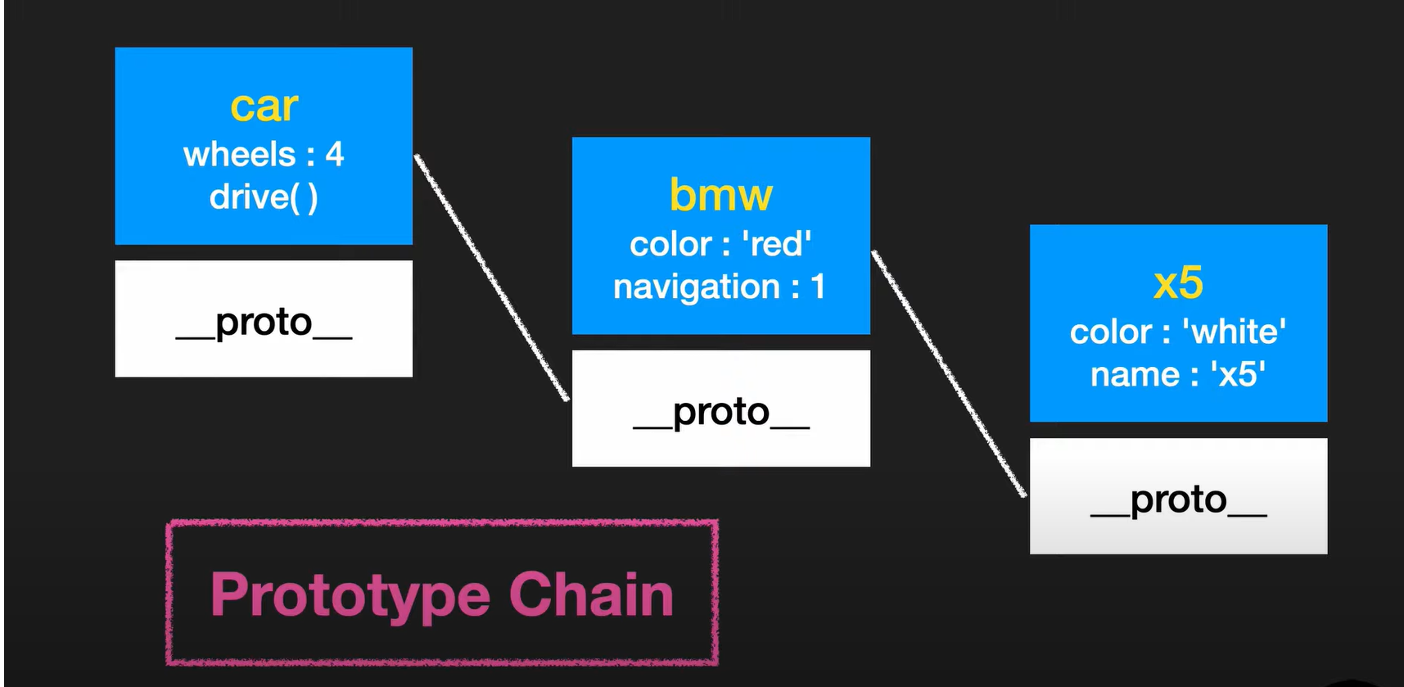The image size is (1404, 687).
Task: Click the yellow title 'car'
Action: (264, 107)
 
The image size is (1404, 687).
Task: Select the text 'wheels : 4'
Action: (264, 154)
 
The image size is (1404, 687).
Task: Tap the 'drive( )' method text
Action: (264, 197)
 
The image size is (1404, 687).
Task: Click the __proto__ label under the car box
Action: (264, 323)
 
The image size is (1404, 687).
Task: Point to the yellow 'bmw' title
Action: (720, 195)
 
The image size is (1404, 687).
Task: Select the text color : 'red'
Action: (720, 244)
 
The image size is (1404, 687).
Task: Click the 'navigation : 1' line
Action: (720, 287)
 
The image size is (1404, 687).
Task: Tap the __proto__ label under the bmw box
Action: (721, 412)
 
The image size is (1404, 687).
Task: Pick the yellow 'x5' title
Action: (1178, 283)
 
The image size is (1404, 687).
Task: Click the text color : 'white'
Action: (1178, 332)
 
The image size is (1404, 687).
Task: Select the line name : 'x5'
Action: (1178, 374)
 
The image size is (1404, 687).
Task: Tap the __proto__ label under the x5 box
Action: (1179, 499)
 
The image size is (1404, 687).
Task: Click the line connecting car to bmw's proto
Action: (491, 278)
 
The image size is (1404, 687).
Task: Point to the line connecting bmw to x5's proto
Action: (948, 373)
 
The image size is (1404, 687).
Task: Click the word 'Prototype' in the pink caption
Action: (350, 595)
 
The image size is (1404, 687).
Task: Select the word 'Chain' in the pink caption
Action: (591, 595)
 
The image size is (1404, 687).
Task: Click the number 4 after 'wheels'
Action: (335, 154)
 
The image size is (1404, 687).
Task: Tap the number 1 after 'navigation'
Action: (818, 287)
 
